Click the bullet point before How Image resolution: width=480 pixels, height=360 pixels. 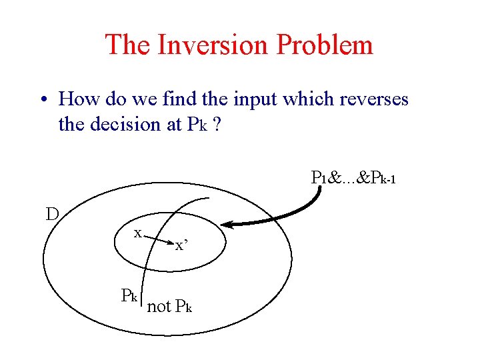coord(43,101)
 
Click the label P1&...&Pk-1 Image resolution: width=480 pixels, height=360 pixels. coord(353,178)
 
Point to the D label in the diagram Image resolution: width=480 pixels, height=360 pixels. coord(52,214)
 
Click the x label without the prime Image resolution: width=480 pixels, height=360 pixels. coord(137,233)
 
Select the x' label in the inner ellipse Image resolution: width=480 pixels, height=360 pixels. coord(181,246)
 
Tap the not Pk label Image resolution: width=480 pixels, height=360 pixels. coord(169,307)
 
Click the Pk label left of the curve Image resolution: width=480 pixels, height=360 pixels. coord(129,295)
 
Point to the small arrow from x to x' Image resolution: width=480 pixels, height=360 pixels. coord(159,239)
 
